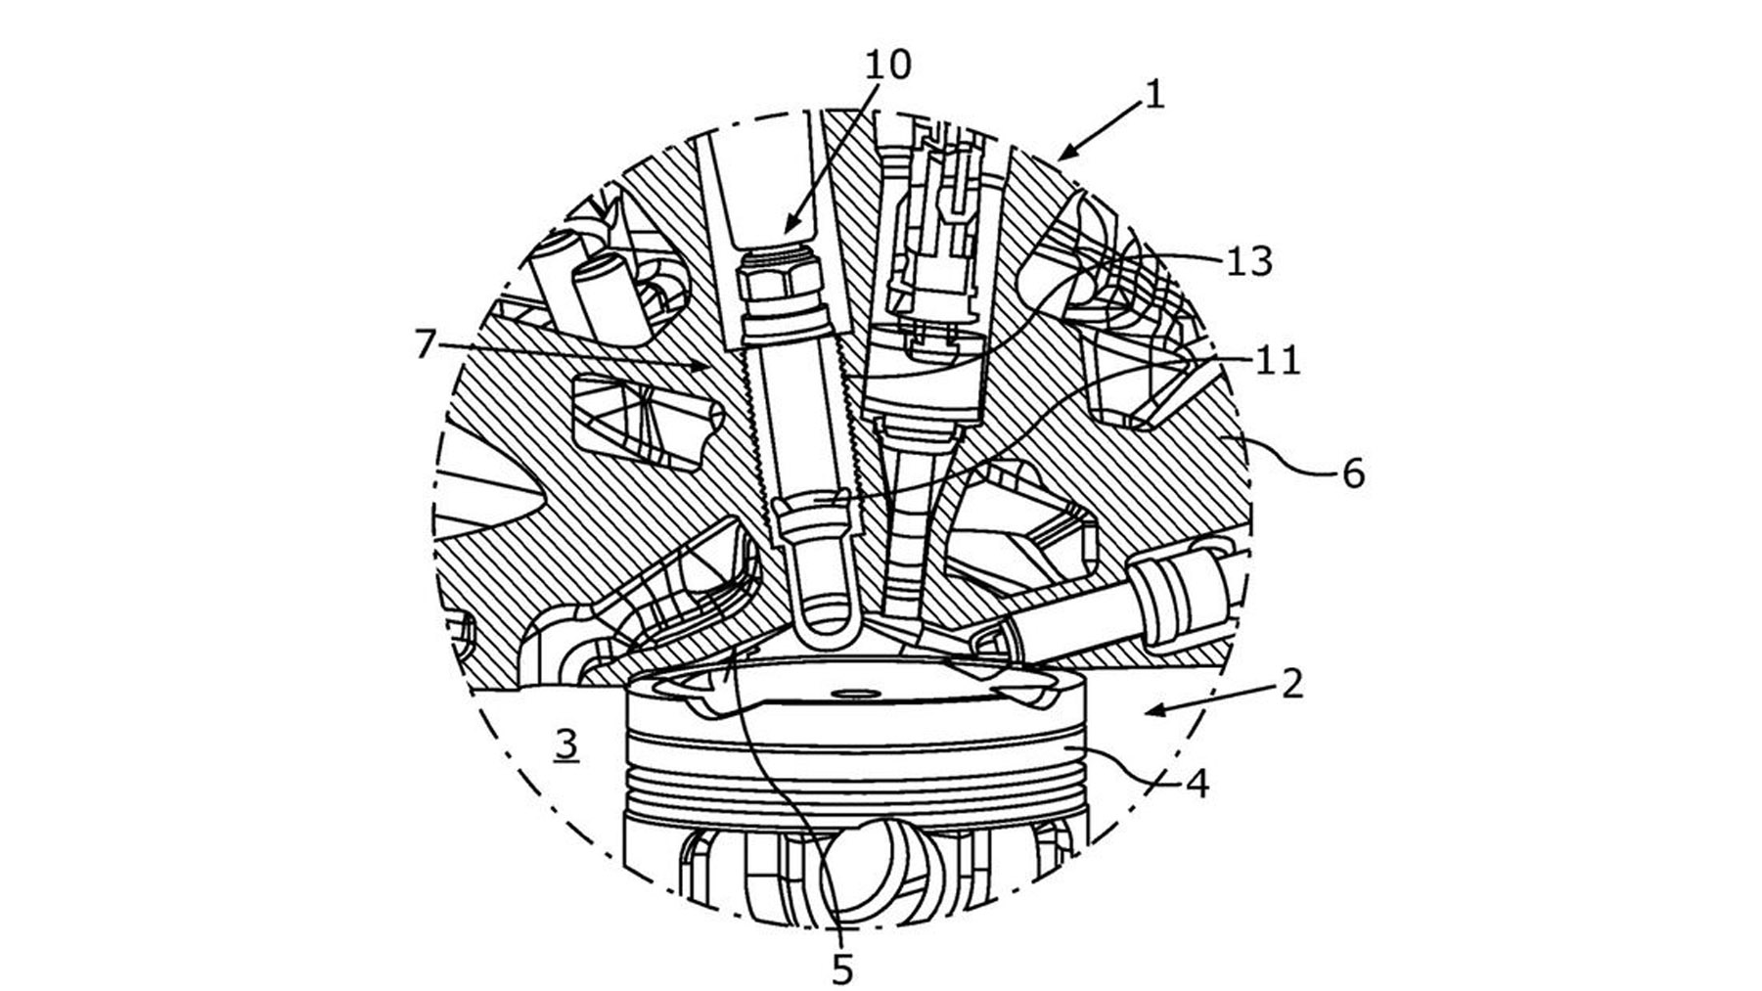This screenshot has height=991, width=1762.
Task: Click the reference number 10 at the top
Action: [887, 65]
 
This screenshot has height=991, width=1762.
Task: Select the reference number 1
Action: [1154, 95]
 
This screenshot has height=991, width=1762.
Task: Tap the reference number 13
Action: [1248, 261]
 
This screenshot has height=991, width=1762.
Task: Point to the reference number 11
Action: [1279, 361]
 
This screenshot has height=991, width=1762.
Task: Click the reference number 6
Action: [1352, 473]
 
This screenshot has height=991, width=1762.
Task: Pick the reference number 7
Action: [424, 344]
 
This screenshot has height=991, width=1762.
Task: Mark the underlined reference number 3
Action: [566, 745]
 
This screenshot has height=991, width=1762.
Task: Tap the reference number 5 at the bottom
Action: [842, 970]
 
